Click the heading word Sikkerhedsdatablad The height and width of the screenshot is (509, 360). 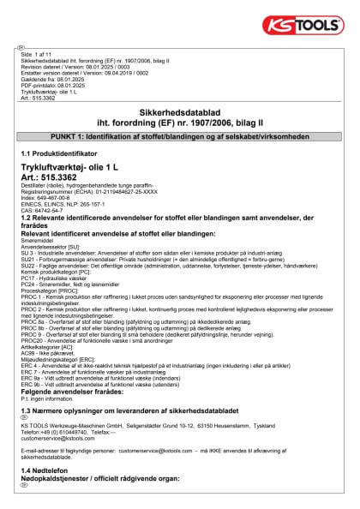pos(180,112)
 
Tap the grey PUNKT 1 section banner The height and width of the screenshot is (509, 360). pos(180,137)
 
